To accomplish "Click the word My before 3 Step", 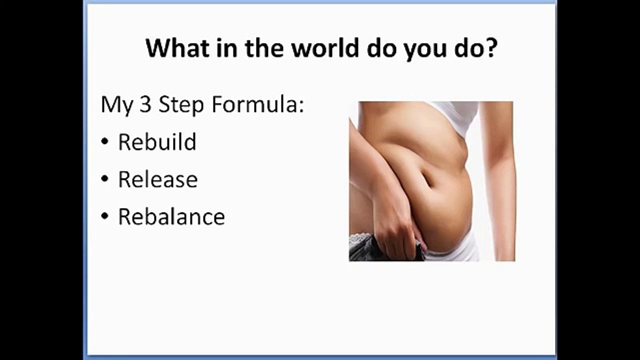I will click(114, 106).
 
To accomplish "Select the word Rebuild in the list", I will click(157, 142).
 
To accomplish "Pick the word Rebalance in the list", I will click(171, 217).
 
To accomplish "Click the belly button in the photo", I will click(429, 181).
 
